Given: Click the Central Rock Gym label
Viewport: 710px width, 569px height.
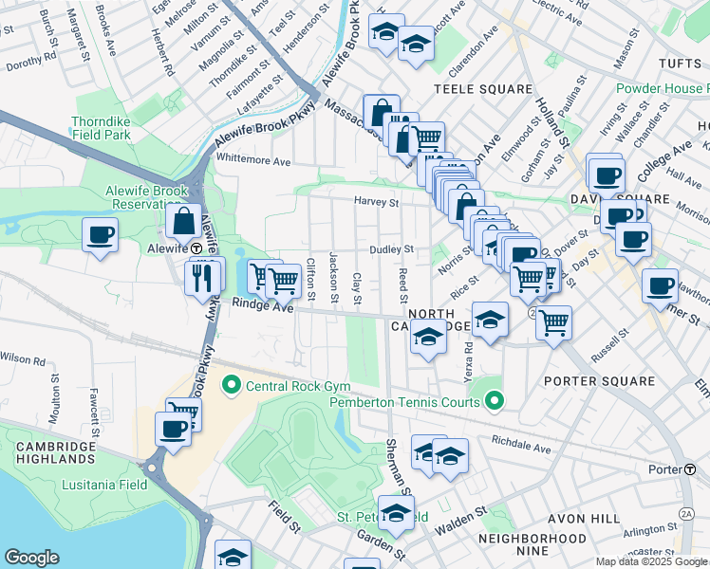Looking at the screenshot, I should click(298, 386).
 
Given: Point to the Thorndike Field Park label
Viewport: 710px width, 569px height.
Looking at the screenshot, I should click(110, 130).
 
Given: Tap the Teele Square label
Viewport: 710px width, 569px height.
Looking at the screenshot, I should click(483, 89).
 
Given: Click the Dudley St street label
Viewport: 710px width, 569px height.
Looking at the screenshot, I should click(393, 249).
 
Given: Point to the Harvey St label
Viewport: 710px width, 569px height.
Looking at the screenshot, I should click(377, 202).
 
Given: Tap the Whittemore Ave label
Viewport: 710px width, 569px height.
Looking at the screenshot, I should click(253, 162).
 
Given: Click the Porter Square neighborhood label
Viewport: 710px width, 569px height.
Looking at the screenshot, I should click(600, 381).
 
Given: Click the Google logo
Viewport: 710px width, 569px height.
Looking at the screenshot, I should click(31, 558).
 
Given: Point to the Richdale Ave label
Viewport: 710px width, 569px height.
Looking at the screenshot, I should click(521, 447).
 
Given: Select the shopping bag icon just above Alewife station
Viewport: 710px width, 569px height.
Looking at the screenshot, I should click(182, 223).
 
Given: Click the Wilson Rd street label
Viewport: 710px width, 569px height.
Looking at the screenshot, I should click(23, 359).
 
